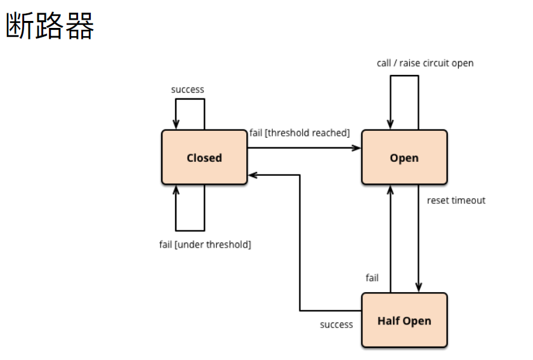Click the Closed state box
point(204,157)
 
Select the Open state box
point(404,157)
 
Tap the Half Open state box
point(404,321)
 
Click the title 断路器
point(50,26)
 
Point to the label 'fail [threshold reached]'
point(299,133)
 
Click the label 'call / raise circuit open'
point(424,63)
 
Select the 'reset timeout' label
point(456,201)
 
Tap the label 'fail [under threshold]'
point(205,244)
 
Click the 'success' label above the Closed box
point(188,90)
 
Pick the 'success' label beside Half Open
point(336,324)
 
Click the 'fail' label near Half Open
point(372,278)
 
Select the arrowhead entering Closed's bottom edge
point(175,190)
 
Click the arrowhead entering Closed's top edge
point(175,125)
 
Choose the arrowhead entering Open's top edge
point(390,125)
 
